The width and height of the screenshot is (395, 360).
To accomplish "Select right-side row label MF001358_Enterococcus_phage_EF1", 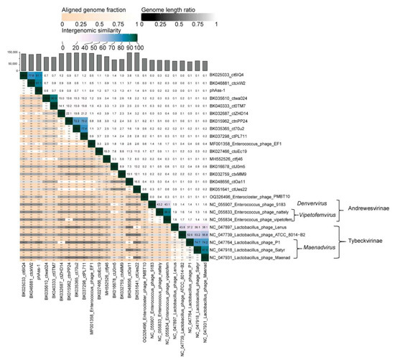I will click(246, 144).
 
